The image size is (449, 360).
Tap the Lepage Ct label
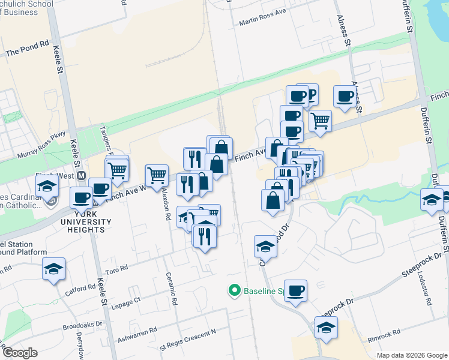(125, 300)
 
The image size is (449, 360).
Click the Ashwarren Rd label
(136, 331)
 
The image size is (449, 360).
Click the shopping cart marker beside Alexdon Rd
(157, 176)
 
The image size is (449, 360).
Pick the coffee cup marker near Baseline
(295, 290)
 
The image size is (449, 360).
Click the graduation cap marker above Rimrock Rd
(326, 327)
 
